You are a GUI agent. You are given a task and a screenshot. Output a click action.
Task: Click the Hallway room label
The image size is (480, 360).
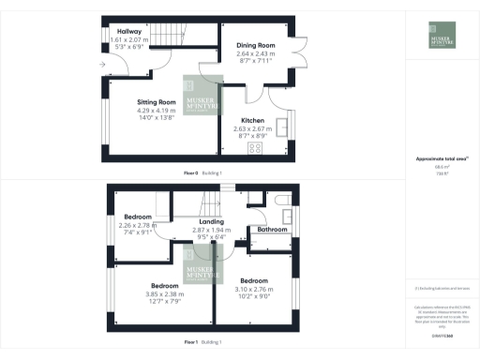(128, 31)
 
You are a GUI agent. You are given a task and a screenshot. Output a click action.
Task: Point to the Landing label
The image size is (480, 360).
(198, 222)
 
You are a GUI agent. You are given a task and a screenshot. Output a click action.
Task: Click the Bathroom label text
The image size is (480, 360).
(272, 230)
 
